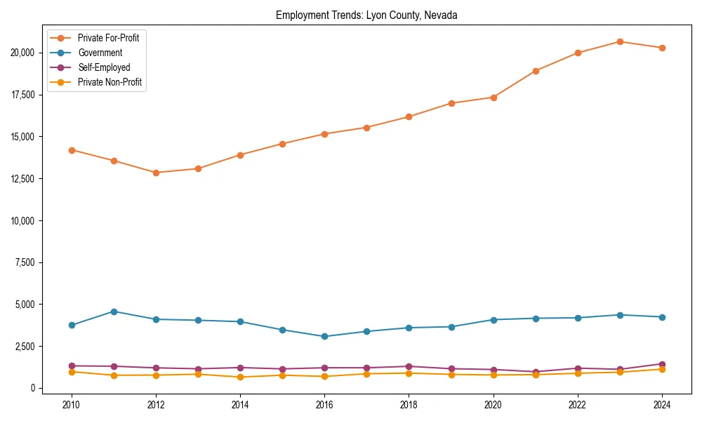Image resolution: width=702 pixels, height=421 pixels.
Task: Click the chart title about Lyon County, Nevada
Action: click(366, 15)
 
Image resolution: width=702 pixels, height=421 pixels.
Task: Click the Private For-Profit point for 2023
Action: click(620, 41)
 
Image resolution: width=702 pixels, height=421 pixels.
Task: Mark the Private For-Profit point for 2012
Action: click(156, 173)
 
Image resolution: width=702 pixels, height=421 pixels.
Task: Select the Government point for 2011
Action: click(114, 312)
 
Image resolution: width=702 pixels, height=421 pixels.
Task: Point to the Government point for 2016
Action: click(324, 336)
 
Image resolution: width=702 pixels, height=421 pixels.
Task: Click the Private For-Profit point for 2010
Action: click(72, 150)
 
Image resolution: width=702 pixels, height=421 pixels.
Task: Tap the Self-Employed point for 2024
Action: click(662, 364)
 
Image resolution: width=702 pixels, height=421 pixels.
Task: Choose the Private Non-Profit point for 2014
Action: click(240, 377)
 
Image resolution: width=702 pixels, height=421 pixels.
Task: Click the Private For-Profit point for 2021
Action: click(536, 71)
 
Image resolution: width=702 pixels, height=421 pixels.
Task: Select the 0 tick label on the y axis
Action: click(33, 388)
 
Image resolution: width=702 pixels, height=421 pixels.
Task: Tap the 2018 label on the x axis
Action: click(409, 405)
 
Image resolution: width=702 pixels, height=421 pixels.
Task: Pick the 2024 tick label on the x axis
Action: click(662, 405)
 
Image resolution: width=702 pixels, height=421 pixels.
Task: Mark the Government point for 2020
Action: click(494, 320)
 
